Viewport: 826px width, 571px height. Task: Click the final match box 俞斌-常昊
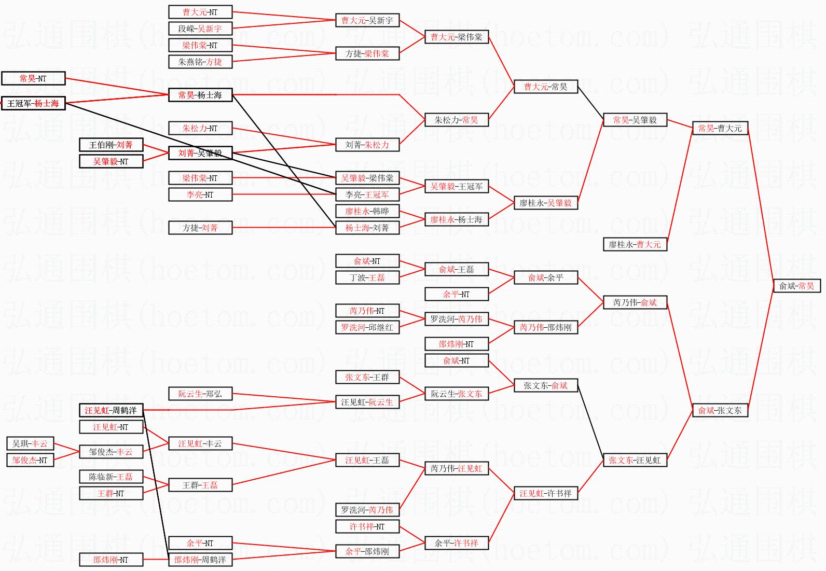(796, 286)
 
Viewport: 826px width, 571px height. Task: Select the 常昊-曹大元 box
(720, 128)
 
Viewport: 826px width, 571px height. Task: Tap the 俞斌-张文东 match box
(720, 410)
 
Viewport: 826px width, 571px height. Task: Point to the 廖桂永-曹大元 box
(635, 244)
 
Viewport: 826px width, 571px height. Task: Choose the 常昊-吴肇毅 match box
(635, 120)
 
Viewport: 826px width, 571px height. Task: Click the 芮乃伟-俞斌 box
(635, 302)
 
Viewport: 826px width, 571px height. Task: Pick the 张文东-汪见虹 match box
(635, 460)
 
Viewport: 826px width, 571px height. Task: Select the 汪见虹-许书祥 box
(545, 493)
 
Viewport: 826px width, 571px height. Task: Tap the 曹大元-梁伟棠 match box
(456, 37)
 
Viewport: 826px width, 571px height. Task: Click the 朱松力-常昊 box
(456, 120)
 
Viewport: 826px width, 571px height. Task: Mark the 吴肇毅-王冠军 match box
(456, 186)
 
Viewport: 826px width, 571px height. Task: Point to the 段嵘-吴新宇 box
(200, 29)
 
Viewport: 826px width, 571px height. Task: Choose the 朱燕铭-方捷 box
(200, 62)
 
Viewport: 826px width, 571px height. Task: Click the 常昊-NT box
(33, 78)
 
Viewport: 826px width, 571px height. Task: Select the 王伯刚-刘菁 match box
(111, 145)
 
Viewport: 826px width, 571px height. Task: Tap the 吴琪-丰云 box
(30, 443)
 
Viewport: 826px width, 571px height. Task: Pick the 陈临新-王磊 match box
(111, 477)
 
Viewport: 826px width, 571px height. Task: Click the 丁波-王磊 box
(367, 277)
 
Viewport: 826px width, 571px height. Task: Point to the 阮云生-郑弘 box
(200, 394)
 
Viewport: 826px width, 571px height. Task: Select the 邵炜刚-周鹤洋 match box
(200, 560)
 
